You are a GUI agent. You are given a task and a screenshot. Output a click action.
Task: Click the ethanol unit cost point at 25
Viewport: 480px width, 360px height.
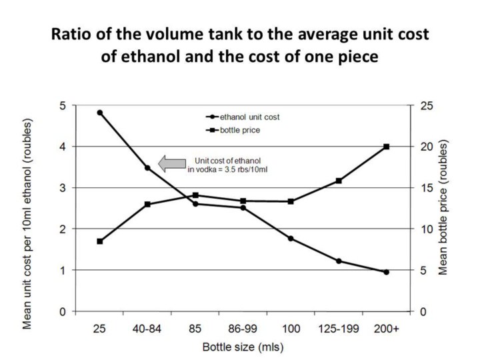pyautogui.click(x=100, y=113)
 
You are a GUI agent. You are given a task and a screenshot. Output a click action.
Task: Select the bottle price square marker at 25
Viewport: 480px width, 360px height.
pyautogui.click(x=100, y=241)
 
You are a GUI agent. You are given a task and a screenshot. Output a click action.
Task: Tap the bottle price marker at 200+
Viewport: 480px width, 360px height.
pyautogui.click(x=386, y=147)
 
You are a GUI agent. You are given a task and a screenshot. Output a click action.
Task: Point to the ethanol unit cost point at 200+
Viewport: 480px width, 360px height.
pyautogui.click(x=386, y=272)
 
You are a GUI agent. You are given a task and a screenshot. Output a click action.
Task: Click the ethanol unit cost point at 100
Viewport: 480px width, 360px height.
pyautogui.click(x=291, y=239)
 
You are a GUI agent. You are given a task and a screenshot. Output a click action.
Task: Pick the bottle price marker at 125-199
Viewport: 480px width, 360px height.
pyautogui.click(x=339, y=181)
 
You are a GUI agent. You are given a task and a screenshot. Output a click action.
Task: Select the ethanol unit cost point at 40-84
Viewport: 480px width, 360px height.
pyautogui.click(x=147, y=168)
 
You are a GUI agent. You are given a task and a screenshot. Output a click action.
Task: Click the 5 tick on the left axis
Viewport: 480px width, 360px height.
pyautogui.click(x=62, y=105)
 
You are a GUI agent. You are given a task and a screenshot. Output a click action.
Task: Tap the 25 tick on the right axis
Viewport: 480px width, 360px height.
pyautogui.click(x=425, y=105)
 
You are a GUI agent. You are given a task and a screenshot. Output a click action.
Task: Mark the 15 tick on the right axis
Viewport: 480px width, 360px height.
pyautogui.click(x=425, y=188)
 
